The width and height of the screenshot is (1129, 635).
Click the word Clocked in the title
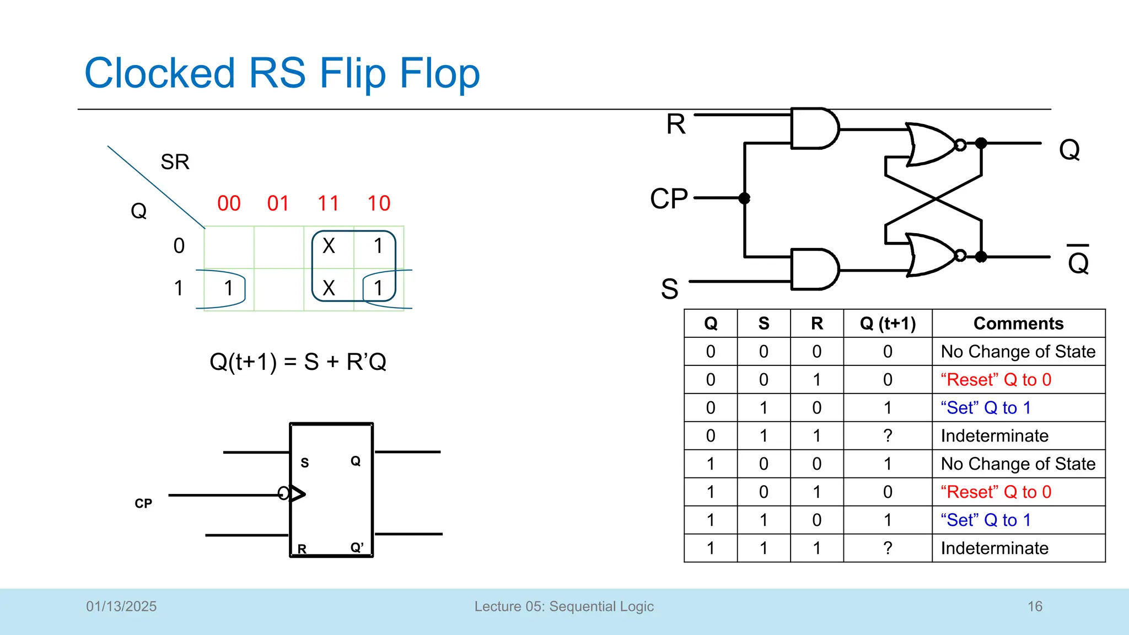click(x=160, y=73)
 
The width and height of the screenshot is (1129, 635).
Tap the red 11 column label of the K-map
click(x=328, y=203)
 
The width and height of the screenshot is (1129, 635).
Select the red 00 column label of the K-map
click(x=229, y=203)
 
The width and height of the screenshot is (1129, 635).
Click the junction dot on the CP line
click(x=744, y=198)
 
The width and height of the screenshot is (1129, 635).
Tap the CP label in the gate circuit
click(x=669, y=198)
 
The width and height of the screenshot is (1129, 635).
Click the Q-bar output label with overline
click(x=1078, y=261)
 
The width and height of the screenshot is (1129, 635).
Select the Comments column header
click(x=1018, y=324)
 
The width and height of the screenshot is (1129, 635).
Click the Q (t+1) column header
click(x=888, y=324)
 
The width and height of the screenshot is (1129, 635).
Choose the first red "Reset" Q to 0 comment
click(x=996, y=380)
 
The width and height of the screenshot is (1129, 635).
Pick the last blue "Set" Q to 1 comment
click(x=985, y=520)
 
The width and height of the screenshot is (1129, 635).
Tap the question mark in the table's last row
click(x=888, y=548)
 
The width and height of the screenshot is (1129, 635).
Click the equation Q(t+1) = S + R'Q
click(x=298, y=362)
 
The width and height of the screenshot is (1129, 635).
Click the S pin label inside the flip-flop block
click(x=304, y=462)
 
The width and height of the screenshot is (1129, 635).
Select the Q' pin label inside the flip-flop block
click(x=357, y=547)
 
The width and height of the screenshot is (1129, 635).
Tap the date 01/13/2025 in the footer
click(x=121, y=606)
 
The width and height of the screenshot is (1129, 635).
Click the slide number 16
click(x=1035, y=606)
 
